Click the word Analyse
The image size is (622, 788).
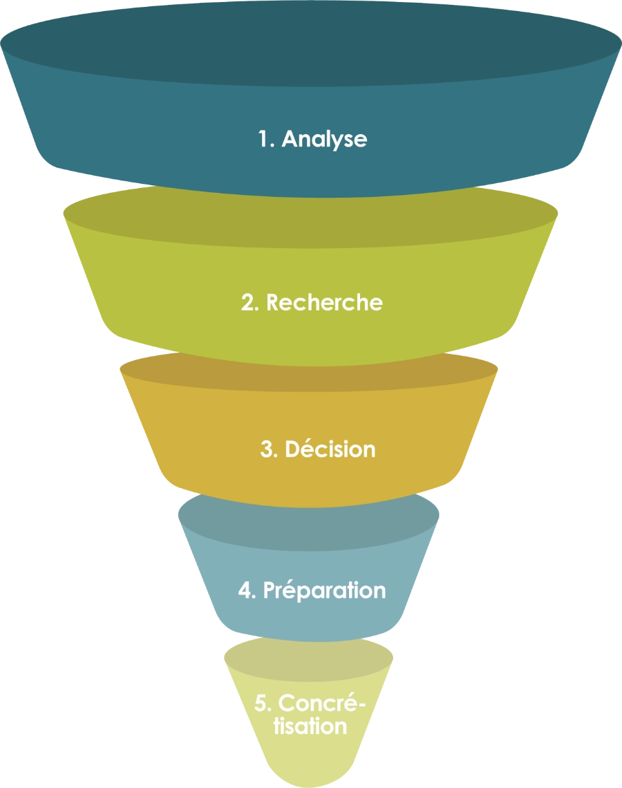324,139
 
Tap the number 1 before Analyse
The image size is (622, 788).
264,139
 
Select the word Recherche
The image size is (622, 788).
324,303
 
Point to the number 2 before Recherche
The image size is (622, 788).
247,303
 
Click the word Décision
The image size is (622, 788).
330,449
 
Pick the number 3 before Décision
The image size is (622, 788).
267,449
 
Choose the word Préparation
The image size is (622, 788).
324,590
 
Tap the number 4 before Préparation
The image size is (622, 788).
245,591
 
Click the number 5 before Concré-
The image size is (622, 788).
261,704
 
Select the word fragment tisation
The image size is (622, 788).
310,726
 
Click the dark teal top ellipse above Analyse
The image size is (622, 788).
311,41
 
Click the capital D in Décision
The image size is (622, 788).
292,449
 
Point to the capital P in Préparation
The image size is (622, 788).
270,591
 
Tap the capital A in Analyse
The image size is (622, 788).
290,139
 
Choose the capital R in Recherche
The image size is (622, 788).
273,303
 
